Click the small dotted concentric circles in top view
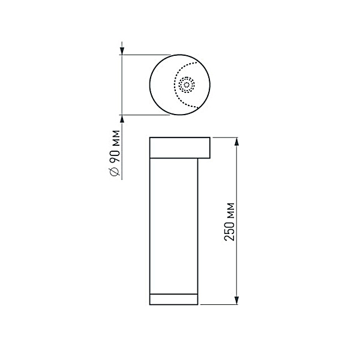187,85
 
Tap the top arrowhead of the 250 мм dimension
238,141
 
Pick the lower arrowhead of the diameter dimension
122,118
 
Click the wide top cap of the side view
179,148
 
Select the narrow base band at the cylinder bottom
173,299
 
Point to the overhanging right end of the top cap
205,148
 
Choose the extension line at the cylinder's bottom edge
219,305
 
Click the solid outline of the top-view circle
151,84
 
